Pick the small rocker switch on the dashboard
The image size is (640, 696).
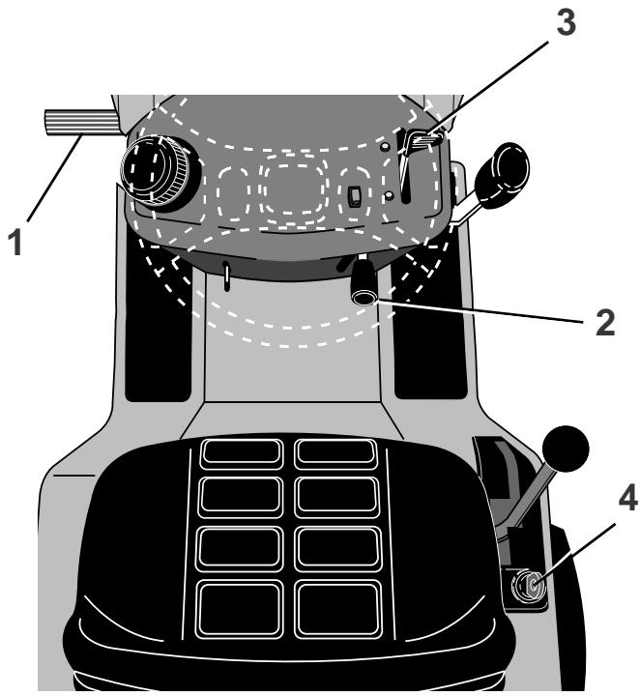click(356, 197)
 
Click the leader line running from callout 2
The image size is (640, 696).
click(483, 312)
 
